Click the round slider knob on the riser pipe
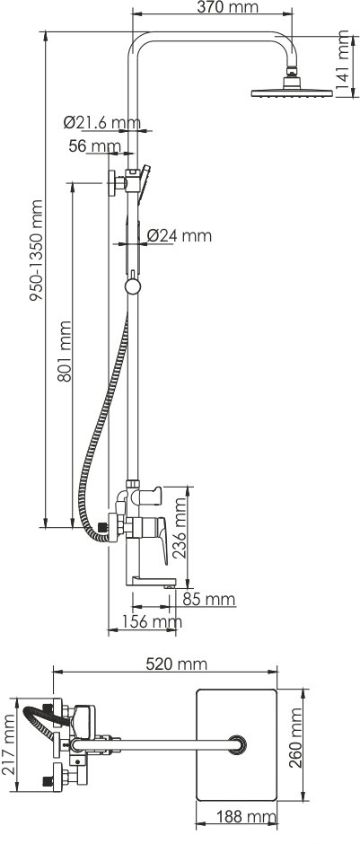click(133, 286)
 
